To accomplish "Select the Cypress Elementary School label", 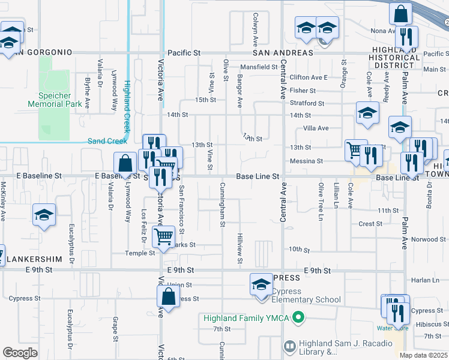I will (x=306, y=299).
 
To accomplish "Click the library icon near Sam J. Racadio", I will (x=289, y=346).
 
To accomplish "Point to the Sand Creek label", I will (x=107, y=141).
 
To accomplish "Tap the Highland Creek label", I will (x=127, y=107).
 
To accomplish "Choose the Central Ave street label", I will (x=282, y=84).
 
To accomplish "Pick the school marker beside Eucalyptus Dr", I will (x=44, y=215).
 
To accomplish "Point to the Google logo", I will (x=20, y=353).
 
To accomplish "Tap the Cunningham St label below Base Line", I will (x=222, y=205).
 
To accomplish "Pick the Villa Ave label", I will (x=316, y=128).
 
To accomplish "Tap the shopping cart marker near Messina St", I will (x=354, y=149).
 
